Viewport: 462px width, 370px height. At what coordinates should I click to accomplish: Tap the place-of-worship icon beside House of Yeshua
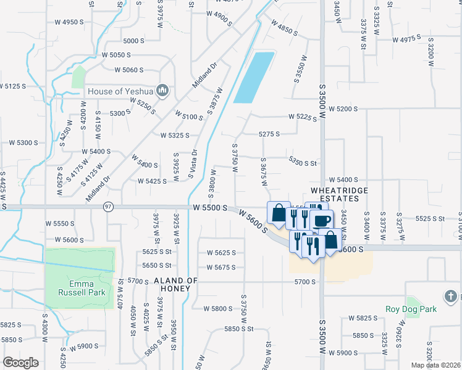163,91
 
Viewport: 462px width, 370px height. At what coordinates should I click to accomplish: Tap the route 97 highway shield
108,206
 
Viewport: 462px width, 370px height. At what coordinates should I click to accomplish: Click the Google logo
20,363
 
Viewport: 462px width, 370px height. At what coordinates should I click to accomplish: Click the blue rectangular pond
254,78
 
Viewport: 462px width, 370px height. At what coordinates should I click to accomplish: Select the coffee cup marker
321,220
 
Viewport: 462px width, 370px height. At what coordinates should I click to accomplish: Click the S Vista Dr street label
192,165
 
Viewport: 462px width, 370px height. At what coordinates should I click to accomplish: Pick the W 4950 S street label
69,22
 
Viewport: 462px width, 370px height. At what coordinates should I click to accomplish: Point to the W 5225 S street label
303,117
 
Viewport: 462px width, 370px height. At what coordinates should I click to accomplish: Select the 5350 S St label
303,163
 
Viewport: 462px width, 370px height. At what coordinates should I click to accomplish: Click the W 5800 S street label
212,308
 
